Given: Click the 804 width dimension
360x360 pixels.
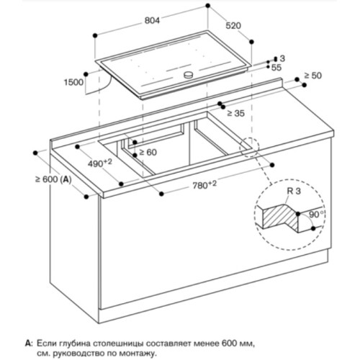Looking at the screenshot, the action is (152, 21).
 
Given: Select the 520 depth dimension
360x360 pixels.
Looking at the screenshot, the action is (233, 26).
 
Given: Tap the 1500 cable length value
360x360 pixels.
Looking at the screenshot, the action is (73, 82).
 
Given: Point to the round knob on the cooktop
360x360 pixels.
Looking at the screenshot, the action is (189, 75).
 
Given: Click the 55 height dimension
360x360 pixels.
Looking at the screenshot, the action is (276, 68).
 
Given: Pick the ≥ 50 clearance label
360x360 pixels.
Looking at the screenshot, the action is (312, 76).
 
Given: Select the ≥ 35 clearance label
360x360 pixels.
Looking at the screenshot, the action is (235, 113).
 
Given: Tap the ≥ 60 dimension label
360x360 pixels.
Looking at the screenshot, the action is (148, 152).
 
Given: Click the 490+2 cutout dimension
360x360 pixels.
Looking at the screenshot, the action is (100, 163).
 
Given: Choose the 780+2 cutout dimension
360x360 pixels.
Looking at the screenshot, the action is (204, 185).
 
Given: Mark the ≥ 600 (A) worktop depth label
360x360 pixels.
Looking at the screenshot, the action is (53, 179).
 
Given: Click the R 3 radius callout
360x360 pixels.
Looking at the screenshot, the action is (294, 192).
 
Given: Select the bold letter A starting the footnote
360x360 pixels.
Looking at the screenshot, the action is (28, 343).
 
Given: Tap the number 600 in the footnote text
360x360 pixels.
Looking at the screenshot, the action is (230, 343).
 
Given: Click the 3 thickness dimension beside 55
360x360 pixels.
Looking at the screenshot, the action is (282, 58).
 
